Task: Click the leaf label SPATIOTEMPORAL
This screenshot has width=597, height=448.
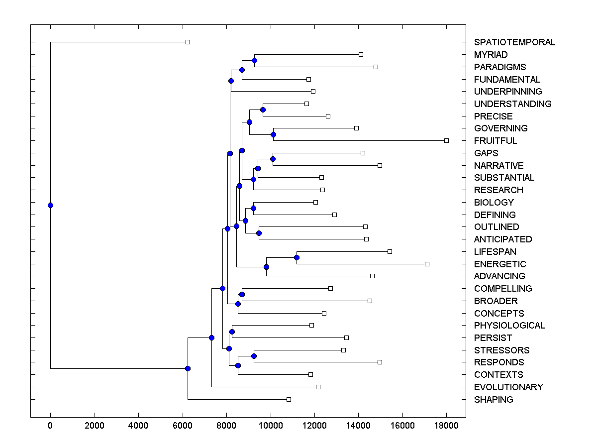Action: [514, 42]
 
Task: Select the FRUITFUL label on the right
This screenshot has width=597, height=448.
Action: [496, 141]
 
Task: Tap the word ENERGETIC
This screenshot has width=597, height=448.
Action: [499, 264]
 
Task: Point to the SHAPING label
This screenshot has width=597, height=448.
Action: [494, 400]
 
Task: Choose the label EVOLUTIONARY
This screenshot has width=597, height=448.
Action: [508, 387]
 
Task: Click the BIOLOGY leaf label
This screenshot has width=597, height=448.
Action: [494, 203]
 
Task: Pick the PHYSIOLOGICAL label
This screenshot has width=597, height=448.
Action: [509, 326]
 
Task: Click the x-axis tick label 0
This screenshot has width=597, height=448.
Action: [50, 425]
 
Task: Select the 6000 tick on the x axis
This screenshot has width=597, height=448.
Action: [182, 425]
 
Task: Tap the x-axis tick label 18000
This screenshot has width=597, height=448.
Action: [446, 425]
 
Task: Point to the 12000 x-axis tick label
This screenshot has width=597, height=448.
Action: [314, 425]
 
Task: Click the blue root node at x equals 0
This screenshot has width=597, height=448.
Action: [50, 205]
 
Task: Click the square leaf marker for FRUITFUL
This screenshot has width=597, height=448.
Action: [446, 141]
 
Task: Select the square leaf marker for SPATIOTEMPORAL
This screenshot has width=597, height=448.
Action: [188, 42]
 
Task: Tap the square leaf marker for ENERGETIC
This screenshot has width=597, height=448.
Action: [427, 264]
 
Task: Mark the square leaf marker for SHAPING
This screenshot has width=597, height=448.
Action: [289, 399]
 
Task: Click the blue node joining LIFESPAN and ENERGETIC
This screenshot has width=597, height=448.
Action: [297, 257]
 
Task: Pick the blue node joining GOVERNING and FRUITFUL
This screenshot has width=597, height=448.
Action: [273, 134]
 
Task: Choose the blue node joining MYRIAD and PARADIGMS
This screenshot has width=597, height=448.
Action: [254, 60]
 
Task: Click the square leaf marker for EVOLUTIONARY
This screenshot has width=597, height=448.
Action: [318, 387]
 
